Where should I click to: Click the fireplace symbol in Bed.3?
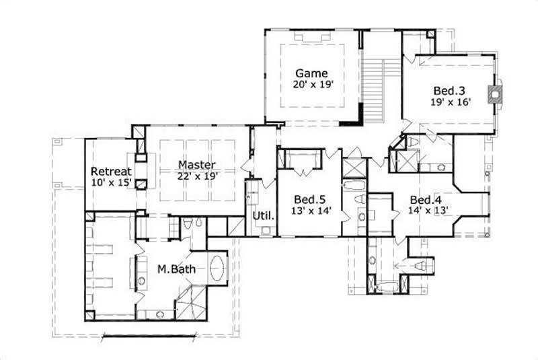pos(497,95)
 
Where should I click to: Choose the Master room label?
pos(196,165)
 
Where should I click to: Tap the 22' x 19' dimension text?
pos(196,176)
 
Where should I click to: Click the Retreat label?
pos(111,170)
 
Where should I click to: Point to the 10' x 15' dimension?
pos(111,182)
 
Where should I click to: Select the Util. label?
pos(262,216)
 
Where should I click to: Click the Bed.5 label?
pos(310,199)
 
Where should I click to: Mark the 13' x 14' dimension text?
pos(310,211)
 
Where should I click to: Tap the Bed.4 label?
pos(426,200)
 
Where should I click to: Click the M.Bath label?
pos(172,269)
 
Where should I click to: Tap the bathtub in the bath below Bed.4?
pos(385,289)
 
